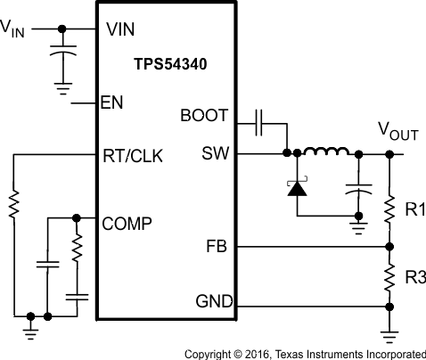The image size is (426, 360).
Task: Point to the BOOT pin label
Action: [204, 116]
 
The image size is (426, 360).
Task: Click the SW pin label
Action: [215, 153]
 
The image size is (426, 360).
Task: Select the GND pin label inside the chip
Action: [211, 302]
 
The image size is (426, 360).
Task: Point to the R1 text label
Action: [414, 210]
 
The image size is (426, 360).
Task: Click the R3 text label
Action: [414, 277]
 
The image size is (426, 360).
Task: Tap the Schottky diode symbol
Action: [295, 187]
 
